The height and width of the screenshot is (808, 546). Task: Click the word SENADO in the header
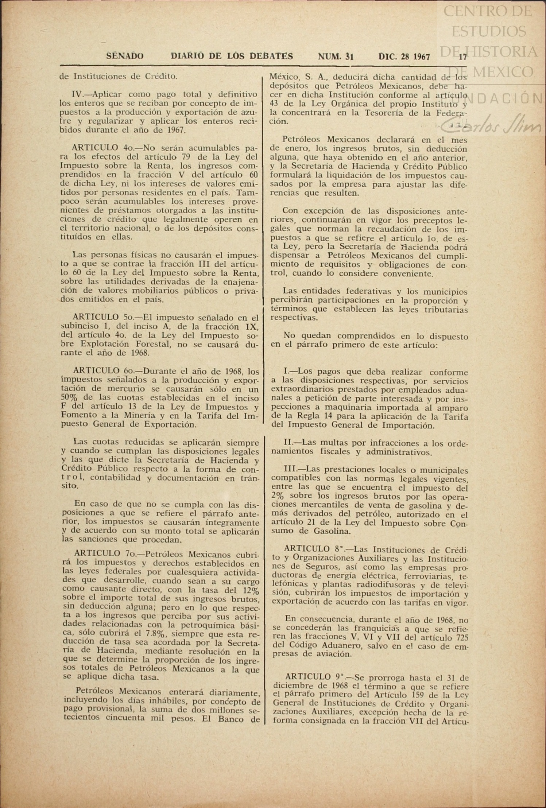point(125,57)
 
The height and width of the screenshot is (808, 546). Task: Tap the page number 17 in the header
point(463,57)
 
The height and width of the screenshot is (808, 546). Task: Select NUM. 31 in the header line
point(336,57)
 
